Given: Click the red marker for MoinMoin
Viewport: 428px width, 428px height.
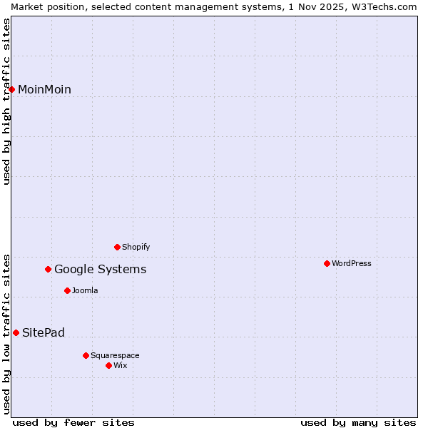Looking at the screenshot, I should (12, 89).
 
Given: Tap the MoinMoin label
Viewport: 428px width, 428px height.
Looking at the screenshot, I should (44, 90).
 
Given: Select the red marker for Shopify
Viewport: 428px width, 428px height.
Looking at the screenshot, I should (118, 247).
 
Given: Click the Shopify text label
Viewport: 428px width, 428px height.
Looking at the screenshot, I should (136, 248).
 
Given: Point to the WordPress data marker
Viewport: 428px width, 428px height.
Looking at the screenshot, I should (327, 263).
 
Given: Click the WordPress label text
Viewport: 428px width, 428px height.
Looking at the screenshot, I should (351, 264).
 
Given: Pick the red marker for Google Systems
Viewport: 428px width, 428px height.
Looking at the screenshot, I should (49, 269).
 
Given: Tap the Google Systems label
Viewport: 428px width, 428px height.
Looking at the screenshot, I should (100, 270).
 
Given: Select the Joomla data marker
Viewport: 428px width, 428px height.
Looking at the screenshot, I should (68, 290).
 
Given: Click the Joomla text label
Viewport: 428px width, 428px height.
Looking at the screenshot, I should (85, 291).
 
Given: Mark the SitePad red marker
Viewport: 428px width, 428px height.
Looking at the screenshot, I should (16, 332).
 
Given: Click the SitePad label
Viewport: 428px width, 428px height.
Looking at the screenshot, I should (44, 333).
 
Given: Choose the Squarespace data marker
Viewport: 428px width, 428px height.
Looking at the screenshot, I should (86, 355).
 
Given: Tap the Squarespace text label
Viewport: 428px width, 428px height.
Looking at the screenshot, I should (115, 356).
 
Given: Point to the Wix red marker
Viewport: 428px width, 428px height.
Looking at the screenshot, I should (109, 365).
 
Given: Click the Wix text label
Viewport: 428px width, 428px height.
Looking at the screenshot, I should (121, 366).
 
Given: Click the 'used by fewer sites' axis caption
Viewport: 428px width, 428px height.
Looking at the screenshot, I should (73, 422).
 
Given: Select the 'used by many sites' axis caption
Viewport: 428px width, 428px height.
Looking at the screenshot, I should (358, 422).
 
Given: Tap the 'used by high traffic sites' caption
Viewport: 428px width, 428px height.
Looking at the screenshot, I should (6, 101).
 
